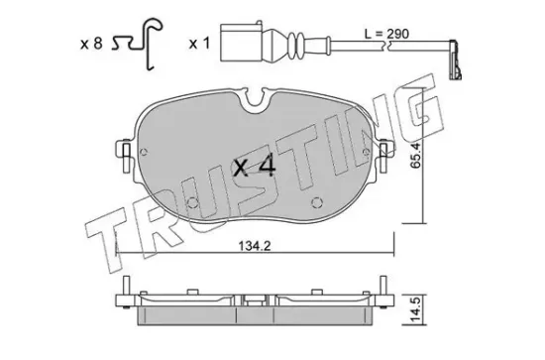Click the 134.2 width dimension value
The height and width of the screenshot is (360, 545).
pos(255,246)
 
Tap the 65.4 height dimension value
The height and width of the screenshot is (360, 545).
pos(415,156)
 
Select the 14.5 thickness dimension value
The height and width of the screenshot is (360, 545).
pos(416,309)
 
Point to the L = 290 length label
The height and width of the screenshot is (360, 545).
pos(386,34)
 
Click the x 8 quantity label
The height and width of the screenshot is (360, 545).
pos(91,45)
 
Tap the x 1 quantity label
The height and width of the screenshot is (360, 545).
pos(199,44)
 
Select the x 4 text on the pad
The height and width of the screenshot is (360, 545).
pos(255,168)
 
